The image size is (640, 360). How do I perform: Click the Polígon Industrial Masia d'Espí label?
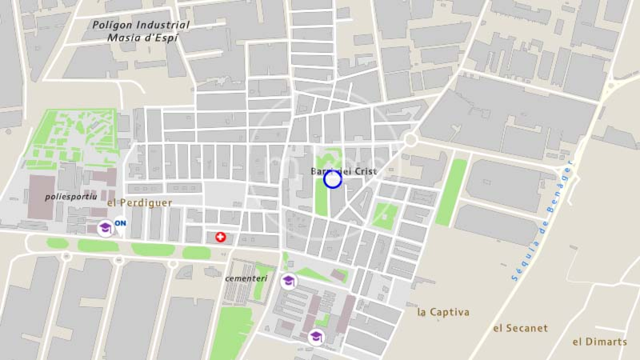141,31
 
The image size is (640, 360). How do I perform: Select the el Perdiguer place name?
140,203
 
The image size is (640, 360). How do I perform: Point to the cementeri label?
246,279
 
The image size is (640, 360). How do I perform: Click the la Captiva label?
443,312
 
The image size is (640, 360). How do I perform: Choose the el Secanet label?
520,328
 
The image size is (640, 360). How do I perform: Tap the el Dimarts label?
600,342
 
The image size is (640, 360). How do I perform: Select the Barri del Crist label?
344,171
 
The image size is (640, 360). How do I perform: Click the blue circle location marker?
332,180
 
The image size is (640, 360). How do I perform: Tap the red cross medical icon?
220,237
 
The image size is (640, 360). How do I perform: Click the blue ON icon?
120,223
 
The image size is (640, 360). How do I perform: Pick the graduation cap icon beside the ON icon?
105,228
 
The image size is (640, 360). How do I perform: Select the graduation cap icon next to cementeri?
288,281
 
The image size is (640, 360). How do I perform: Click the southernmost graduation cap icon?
316,337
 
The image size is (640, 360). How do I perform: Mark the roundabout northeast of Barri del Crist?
410,140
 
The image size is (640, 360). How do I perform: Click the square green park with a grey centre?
385,216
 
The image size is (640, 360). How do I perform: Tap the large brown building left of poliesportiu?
41,197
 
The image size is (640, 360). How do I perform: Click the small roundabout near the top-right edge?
611,85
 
